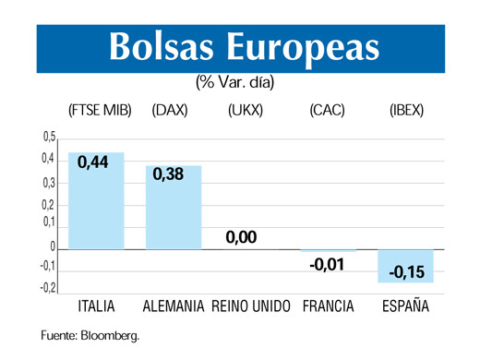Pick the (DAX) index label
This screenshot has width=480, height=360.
(170, 111)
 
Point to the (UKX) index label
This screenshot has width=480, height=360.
(245, 111)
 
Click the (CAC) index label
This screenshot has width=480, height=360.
(327, 111)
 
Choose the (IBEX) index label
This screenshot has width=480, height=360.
(406, 111)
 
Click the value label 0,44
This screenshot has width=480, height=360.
(93, 162)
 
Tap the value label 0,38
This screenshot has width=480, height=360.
(168, 174)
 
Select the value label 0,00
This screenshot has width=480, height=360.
(241, 237)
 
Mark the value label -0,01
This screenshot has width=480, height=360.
(325, 265)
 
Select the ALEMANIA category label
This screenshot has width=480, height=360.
(174, 306)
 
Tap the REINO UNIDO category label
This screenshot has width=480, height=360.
(252, 306)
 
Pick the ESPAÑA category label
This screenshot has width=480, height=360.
(406, 306)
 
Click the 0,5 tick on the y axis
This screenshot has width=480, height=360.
(48, 138)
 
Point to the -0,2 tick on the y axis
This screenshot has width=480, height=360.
(47, 288)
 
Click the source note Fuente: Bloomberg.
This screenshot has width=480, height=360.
(89, 336)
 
